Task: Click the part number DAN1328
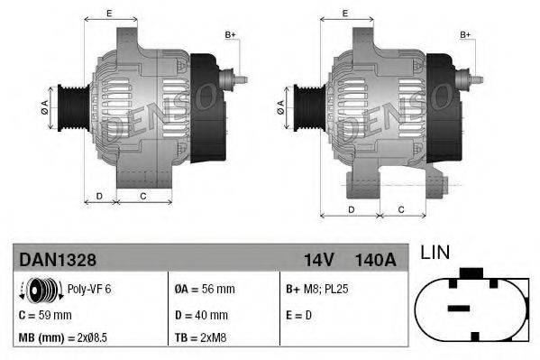[x=58, y=260]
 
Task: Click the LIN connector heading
[x=435, y=254]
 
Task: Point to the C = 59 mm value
[x=45, y=315]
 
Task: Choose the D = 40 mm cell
[x=203, y=315]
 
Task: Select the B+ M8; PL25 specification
[x=320, y=290]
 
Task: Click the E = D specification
[x=300, y=315]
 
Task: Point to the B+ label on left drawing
[x=231, y=34]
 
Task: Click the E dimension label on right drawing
[x=346, y=13]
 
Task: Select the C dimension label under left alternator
[x=142, y=195]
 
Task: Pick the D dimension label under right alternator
[x=350, y=209]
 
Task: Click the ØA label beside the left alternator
[x=44, y=106]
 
